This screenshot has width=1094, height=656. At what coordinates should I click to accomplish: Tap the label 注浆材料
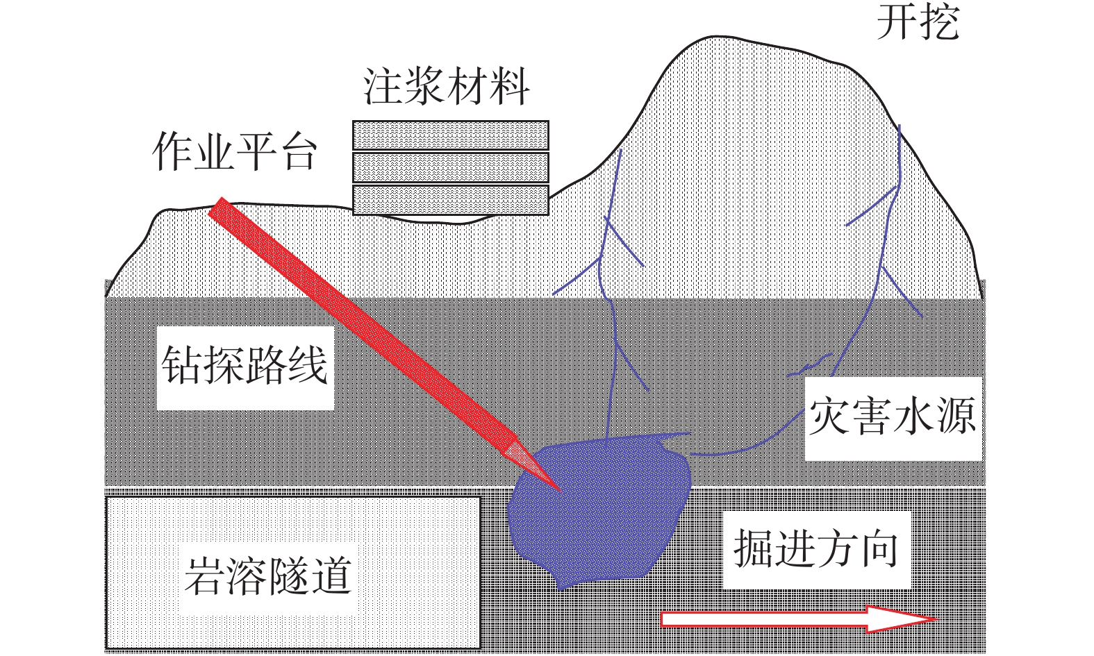click(447, 87)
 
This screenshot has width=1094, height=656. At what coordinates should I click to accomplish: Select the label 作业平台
click(235, 151)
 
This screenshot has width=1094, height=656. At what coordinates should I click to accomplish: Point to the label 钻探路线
click(245, 365)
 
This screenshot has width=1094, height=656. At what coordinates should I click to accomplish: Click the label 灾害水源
click(893, 416)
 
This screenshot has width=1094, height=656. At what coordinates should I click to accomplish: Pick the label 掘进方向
click(816, 548)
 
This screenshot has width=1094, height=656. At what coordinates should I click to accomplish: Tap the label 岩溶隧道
click(268, 576)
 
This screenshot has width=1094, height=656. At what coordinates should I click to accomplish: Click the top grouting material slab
click(451, 135)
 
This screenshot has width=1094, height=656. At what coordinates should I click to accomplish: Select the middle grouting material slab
click(451, 167)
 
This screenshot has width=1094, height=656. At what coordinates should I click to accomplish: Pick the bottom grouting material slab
click(451, 200)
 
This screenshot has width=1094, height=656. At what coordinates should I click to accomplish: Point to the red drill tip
click(560, 491)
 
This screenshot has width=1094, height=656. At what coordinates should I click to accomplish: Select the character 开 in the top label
click(897, 23)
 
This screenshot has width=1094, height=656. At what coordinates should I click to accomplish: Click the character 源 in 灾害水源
click(956, 416)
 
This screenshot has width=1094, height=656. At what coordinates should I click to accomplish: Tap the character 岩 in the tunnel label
click(205, 576)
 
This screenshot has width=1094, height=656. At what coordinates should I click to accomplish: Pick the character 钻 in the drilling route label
click(182, 365)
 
